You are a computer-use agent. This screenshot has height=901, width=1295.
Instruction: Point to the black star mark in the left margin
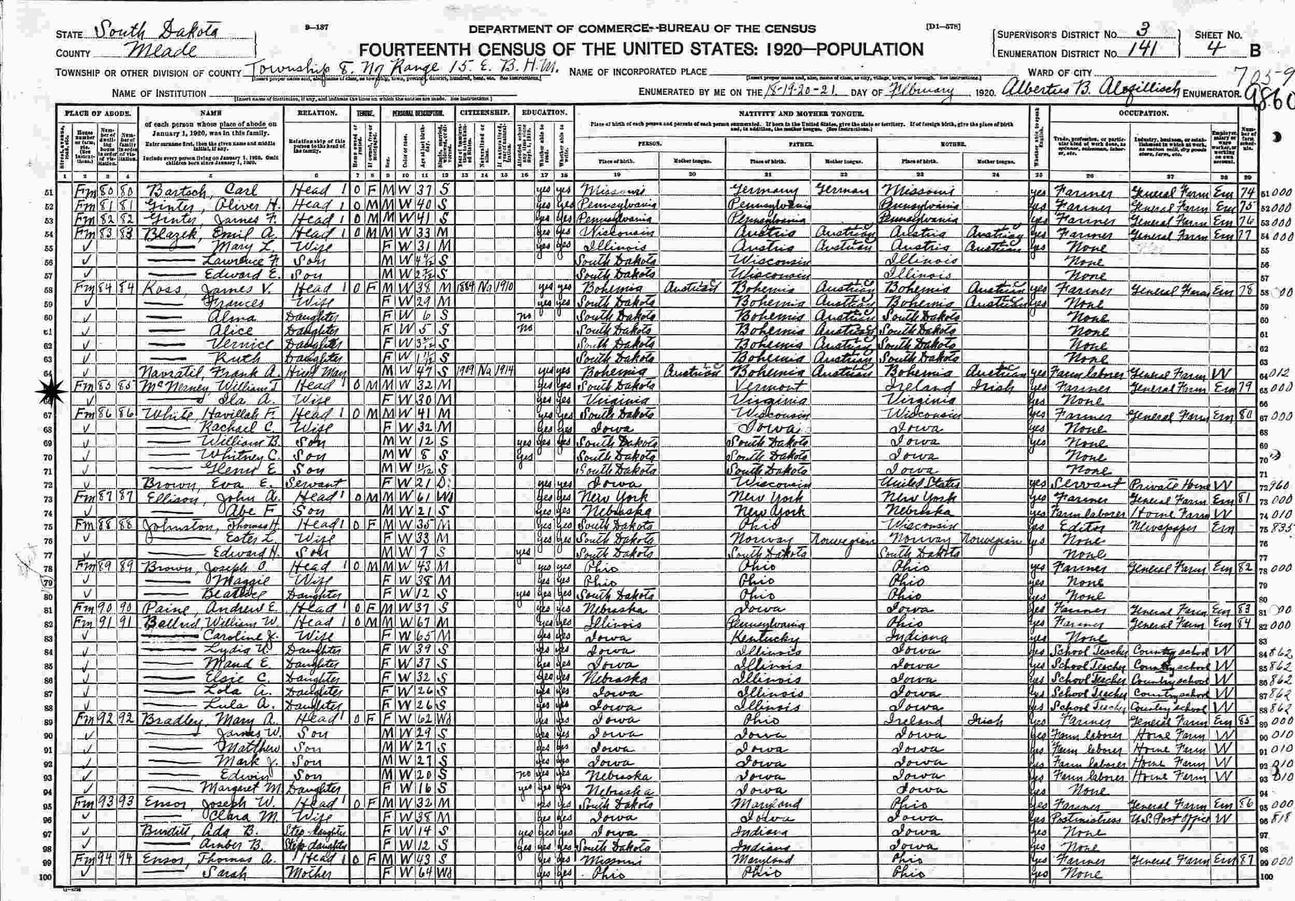tap(51, 391)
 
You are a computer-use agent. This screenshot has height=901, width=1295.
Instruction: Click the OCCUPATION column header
tap(1142, 113)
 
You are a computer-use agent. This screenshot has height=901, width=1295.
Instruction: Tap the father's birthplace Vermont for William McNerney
tap(767, 389)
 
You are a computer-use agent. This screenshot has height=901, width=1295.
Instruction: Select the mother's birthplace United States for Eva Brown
tap(919, 484)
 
